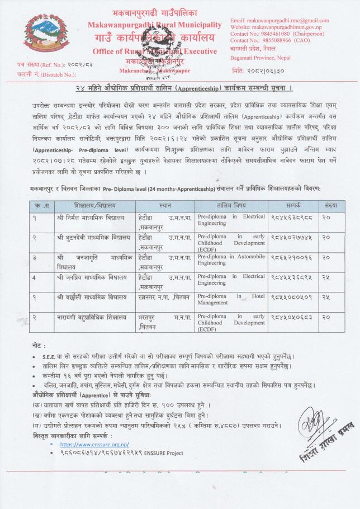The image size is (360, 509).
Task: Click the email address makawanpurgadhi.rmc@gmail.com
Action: [x=280, y=21]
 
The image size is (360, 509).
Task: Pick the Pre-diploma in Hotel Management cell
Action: [x=230, y=299]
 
